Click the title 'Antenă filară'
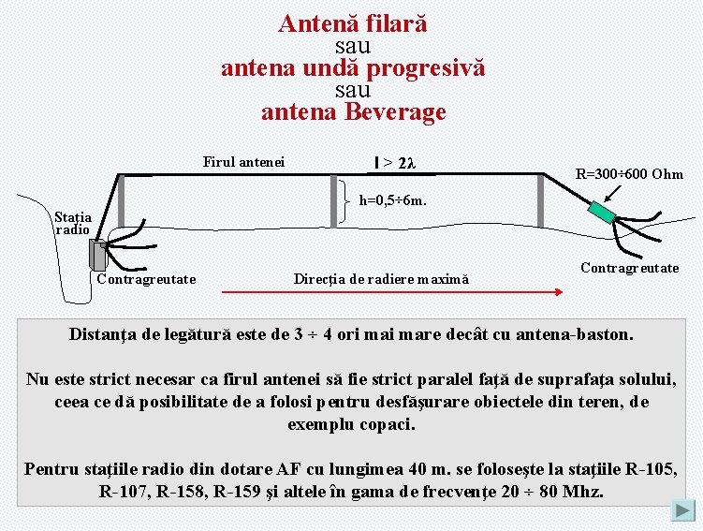coord(353,24)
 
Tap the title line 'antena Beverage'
coord(353,113)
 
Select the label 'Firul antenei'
coord(244,162)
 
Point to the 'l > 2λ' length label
coord(393,164)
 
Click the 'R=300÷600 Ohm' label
coord(629,174)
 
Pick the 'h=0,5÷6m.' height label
coord(394,199)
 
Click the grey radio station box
coord(98,254)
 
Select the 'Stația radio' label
coord(72,223)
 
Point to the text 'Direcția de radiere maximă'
coord(381,279)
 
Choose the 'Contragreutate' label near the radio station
coord(146,279)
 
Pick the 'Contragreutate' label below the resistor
coord(629,268)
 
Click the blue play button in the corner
coord(683,511)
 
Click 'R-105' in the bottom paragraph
coord(648,469)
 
